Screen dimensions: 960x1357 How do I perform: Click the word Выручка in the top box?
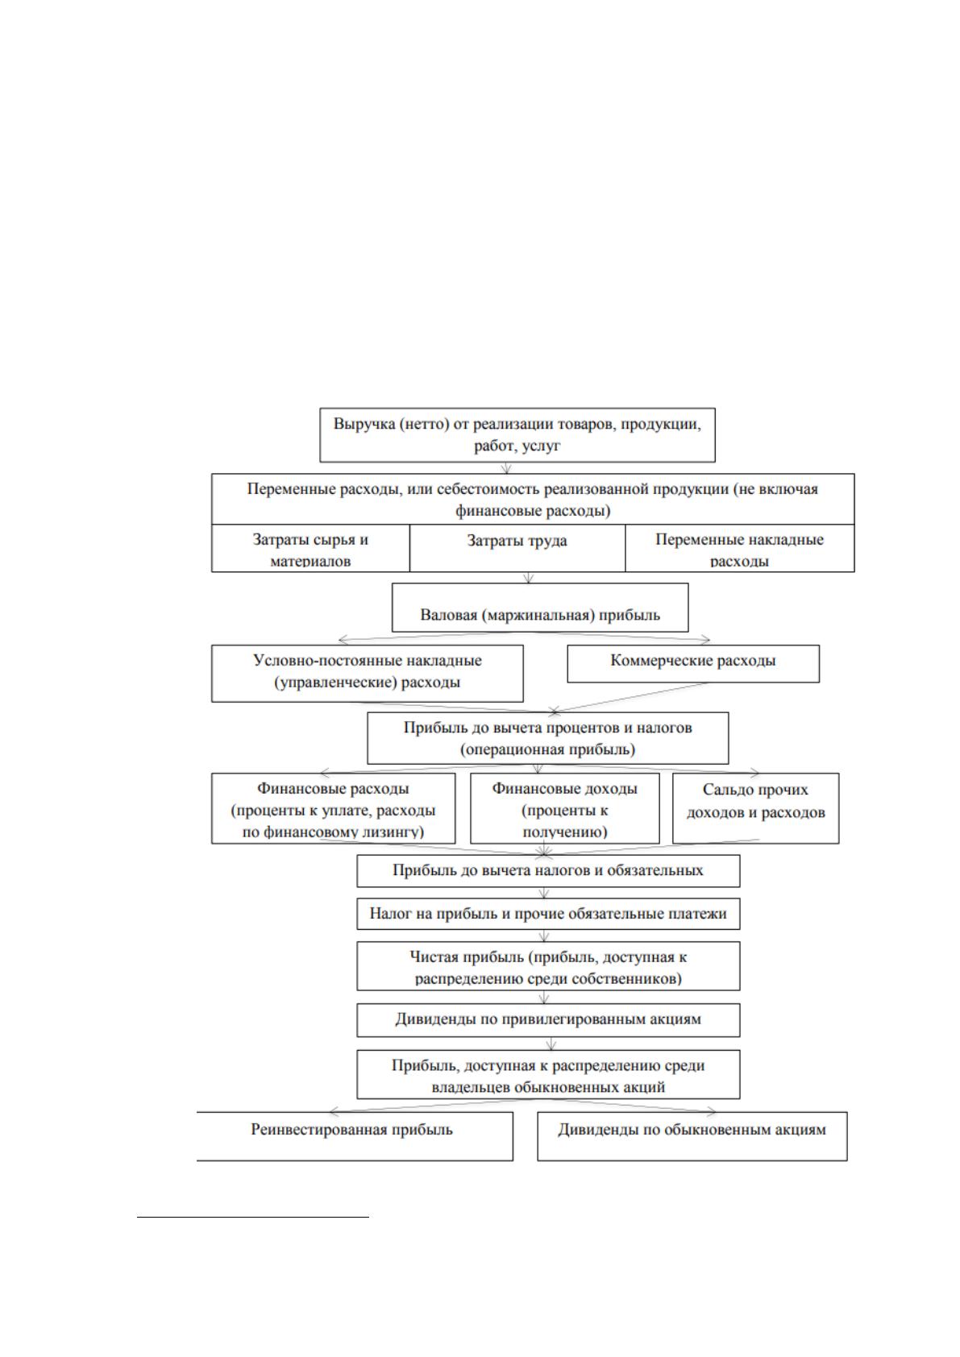(x=364, y=425)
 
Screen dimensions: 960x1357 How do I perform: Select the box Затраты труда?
(x=517, y=548)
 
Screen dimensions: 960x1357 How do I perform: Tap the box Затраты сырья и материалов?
(x=310, y=548)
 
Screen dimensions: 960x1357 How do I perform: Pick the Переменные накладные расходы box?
(x=740, y=548)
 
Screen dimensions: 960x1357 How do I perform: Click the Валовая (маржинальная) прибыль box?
(x=540, y=608)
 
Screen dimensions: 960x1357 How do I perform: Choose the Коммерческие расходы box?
(x=693, y=664)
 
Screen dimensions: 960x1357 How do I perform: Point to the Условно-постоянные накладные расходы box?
(x=368, y=674)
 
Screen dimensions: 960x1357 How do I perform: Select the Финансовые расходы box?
(x=334, y=808)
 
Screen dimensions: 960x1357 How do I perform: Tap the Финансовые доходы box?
(x=565, y=808)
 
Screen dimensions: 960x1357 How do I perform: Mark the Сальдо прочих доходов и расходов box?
(x=756, y=808)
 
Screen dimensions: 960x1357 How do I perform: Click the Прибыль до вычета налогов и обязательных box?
(x=548, y=871)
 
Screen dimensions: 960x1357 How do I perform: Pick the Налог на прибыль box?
(x=548, y=914)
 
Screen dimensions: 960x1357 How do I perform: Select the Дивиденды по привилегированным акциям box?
(x=548, y=1020)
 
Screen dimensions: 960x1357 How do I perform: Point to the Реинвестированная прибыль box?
(x=355, y=1136)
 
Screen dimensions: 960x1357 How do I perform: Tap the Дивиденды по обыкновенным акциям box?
(x=692, y=1136)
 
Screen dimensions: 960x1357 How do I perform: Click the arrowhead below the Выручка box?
(x=507, y=469)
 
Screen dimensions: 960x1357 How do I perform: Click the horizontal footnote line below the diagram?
(x=253, y=1216)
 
